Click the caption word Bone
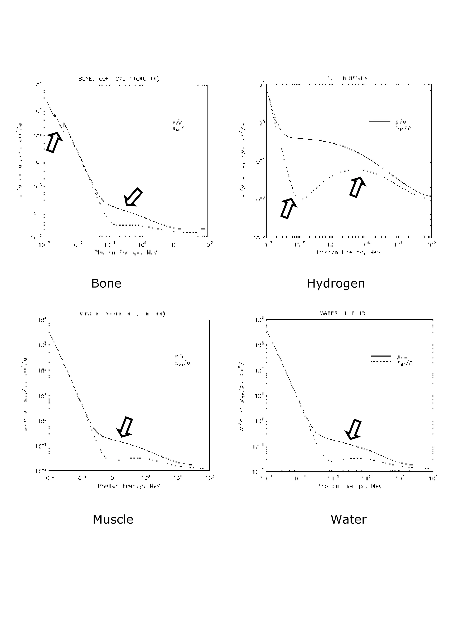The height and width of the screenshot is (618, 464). [x=106, y=283]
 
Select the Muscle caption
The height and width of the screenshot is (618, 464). [x=113, y=519]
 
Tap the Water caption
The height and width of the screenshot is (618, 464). [x=348, y=519]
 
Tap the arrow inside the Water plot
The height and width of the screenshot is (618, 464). [x=353, y=429]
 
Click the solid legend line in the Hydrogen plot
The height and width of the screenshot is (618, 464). [x=379, y=121]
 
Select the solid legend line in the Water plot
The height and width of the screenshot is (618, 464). [x=381, y=356]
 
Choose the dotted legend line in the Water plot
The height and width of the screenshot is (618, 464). [x=381, y=362]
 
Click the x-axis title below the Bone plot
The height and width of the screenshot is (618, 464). [x=126, y=252]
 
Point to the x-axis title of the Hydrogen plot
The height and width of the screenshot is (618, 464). [x=348, y=252]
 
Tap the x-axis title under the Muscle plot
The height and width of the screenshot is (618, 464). [x=129, y=486]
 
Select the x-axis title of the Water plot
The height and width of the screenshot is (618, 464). [x=350, y=486]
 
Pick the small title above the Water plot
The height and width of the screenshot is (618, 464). [x=343, y=313]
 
